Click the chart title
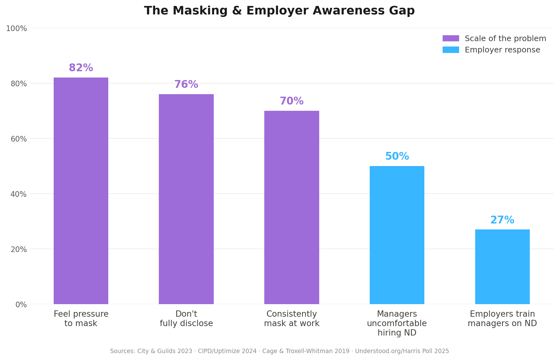[x=279, y=11]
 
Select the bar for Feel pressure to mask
[x=81, y=191]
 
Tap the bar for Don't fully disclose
[x=186, y=199]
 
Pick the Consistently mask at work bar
[x=292, y=207]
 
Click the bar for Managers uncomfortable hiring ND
[x=397, y=235]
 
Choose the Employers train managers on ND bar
[x=502, y=267]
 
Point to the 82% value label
[x=81, y=68]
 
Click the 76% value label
[x=186, y=85]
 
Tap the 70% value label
[x=292, y=101]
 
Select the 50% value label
[x=397, y=157]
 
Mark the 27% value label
[x=502, y=220]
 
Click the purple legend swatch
[x=451, y=39]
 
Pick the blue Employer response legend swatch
[x=451, y=50]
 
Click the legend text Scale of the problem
[x=505, y=39]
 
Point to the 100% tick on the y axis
[x=16, y=29]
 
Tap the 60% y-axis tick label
[x=19, y=139]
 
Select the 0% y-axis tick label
[x=21, y=305]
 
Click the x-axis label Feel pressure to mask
[x=81, y=319]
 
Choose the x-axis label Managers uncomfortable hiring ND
[x=397, y=324]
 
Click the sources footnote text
[x=279, y=351]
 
